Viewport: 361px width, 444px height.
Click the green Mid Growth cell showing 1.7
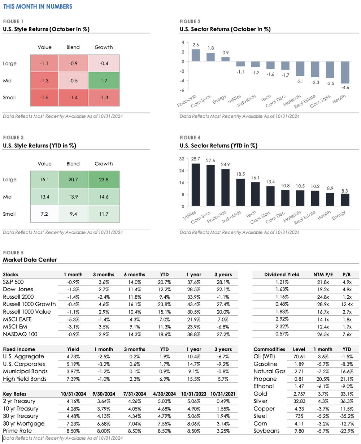[104, 81]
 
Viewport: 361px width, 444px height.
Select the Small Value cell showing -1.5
[44, 98]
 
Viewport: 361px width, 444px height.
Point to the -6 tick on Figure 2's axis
[182, 90]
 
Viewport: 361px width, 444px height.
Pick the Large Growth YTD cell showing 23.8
[104, 180]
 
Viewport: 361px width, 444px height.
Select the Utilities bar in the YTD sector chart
[195, 185]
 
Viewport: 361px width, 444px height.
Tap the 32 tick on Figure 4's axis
[182, 159]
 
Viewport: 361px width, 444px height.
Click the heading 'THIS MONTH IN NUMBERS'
[38, 7]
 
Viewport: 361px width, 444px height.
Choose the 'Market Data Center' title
[30, 260]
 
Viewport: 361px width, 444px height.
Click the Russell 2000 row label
[18, 297]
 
